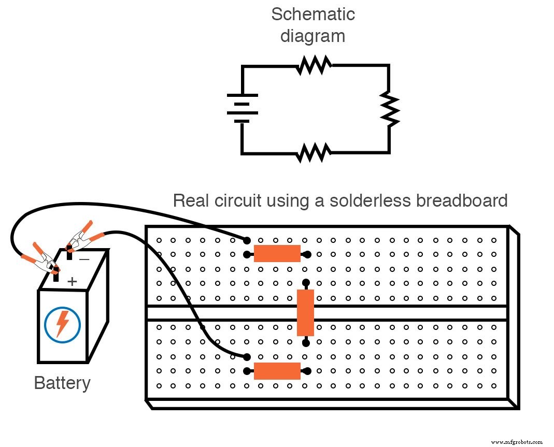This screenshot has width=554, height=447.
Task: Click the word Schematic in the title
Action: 312,14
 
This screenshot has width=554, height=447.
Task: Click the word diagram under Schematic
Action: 312,36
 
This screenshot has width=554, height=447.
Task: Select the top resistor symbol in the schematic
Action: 314,66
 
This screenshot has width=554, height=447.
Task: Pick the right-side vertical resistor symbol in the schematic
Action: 389,109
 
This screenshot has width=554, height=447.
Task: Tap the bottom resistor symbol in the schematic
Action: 314,153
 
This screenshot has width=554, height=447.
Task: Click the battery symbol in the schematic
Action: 242,108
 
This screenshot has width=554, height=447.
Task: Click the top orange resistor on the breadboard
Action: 277,254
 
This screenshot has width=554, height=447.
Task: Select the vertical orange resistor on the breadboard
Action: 305,313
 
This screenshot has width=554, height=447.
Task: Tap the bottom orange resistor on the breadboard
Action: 277,371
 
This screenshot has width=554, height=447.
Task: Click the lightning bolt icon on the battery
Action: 62,324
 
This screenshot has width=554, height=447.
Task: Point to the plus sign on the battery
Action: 72,281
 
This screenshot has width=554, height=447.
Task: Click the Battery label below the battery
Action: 62,383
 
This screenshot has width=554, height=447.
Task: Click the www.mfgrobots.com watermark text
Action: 517,442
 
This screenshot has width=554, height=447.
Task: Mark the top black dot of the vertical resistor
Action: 306,283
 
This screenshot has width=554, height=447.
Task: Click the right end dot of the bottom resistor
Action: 308,371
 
